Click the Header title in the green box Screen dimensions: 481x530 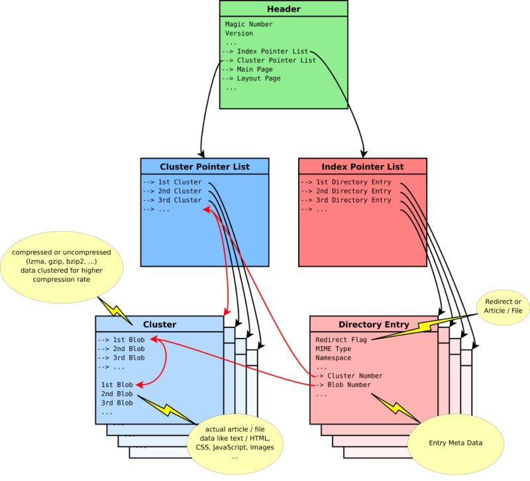[x=284, y=9]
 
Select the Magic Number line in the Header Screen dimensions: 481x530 [x=248, y=25]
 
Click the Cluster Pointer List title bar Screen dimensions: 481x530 [x=205, y=166]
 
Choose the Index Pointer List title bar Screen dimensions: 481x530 [x=362, y=166]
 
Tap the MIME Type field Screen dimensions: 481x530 [x=333, y=348]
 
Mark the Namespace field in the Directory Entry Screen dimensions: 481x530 [x=333, y=358]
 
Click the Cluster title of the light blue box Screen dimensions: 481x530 [x=160, y=324]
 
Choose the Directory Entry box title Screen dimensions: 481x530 [x=374, y=324]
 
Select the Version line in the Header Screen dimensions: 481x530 [x=238, y=33]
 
